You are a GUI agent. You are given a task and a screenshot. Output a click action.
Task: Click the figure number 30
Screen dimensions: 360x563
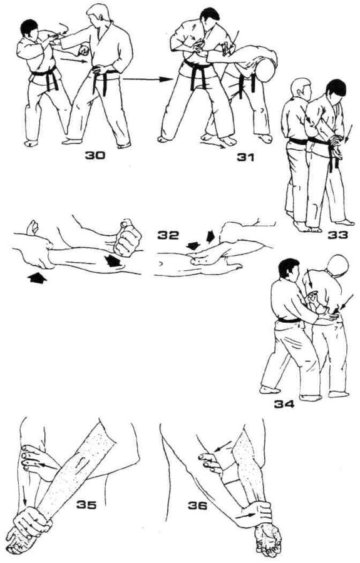point(95,155)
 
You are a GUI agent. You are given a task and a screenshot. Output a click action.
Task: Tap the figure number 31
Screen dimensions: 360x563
point(245,157)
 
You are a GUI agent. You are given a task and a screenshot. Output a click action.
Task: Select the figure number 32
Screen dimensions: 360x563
point(168,236)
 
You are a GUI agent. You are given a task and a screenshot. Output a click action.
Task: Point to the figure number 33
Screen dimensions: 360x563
point(337,235)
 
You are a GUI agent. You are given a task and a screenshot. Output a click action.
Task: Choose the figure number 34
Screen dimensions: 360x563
point(284,404)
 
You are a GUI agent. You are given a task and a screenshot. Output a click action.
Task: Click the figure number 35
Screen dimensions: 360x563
point(86,505)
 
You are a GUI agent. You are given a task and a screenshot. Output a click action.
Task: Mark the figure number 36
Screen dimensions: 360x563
point(198,505)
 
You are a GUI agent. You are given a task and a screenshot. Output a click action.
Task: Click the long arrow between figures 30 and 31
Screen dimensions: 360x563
point(146,79)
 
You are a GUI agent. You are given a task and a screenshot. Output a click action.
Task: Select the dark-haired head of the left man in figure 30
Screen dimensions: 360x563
point(30,31)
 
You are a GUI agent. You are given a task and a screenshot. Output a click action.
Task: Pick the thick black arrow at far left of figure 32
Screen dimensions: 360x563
point(37,278)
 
